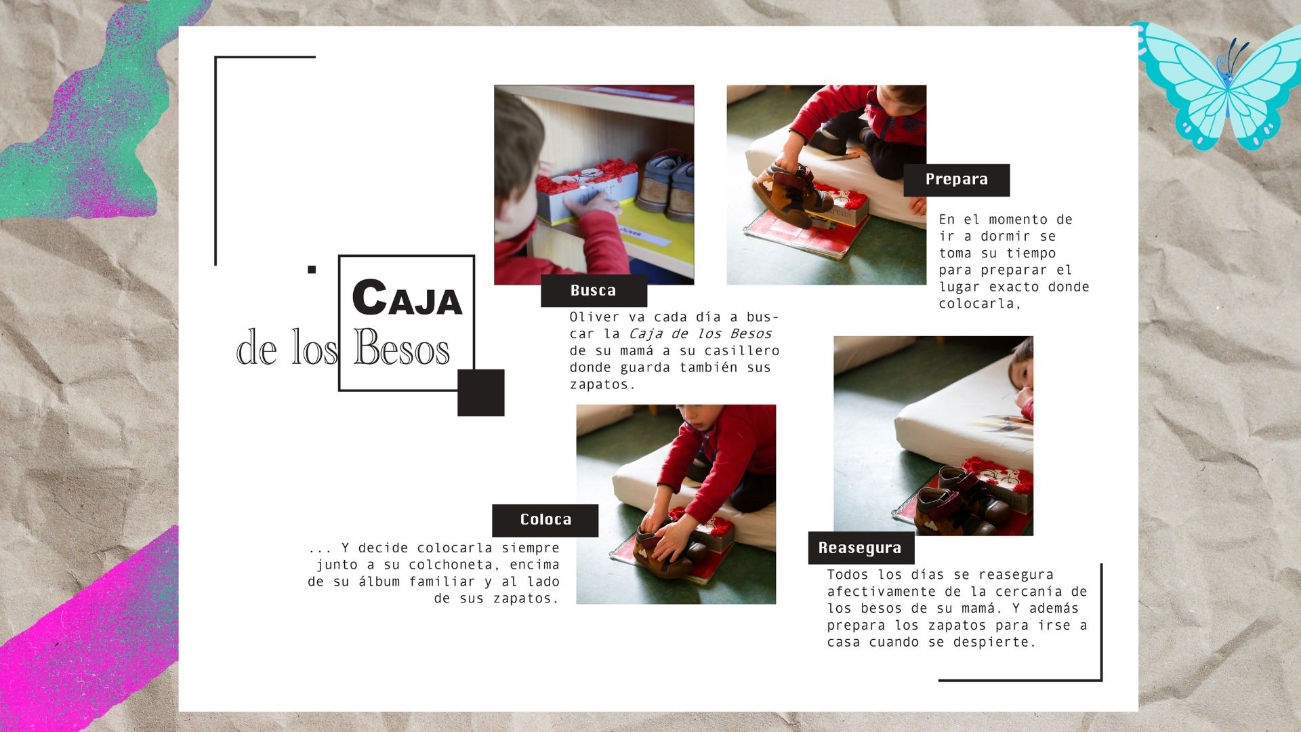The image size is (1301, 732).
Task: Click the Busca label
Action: [594, 291]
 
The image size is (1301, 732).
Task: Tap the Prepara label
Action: [957, 180]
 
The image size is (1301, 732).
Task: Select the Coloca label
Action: [545, 520]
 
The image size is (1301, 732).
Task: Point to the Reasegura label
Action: [861, 548]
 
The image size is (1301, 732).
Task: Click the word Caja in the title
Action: [407, 298]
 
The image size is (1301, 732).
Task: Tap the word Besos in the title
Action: [401, 348]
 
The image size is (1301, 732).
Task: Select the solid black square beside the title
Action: [481, 392]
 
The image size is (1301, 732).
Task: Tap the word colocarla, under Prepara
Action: [980, 304]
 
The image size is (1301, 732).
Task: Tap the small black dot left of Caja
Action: [312, 269]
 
